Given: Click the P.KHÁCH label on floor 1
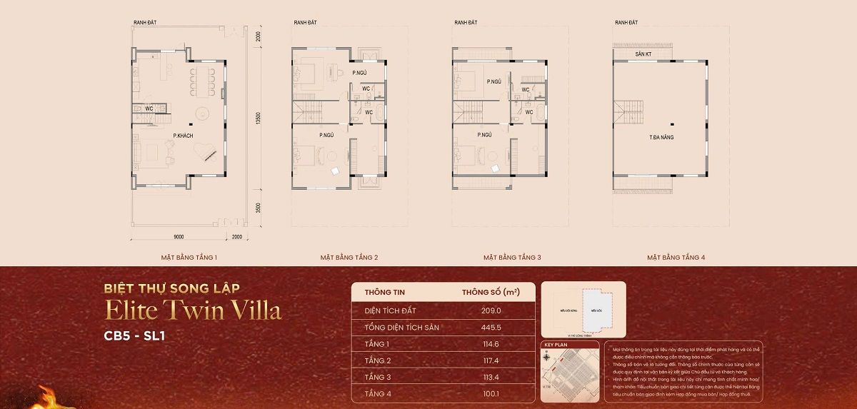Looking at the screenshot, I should coord(184,135).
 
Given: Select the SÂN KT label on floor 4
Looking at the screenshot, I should coord(643,54).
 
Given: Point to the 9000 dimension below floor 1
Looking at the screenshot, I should coord(179,236).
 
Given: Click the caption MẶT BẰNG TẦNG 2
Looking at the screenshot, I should coord(349,256).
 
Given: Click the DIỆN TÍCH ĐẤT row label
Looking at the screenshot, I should coord(390,310).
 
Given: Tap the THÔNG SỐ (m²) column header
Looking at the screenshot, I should coord(490,293).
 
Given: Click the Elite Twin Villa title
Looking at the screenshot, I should coord(193,310).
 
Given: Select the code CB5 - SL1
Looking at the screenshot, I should coord(134,335).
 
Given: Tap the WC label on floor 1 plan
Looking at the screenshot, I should coord(149,108).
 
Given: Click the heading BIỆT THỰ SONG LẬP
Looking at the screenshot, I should coord(171,288).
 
